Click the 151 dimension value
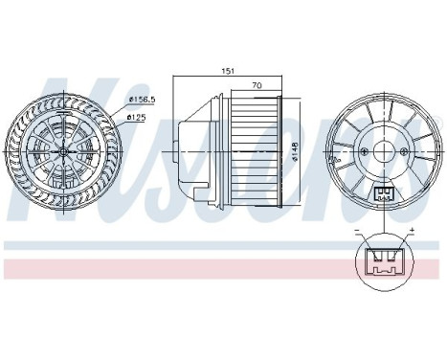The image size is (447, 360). pos(228,71)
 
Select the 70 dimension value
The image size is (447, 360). pos(257,85)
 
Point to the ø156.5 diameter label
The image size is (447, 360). pos(142,100)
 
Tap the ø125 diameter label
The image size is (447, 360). pos(136,118)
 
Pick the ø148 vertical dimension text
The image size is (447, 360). pos(295,151)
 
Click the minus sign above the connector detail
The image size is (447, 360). pos(357,231)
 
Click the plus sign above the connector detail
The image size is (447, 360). pos(412,230)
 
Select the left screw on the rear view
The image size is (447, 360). pos(365,151)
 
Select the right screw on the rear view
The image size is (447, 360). pos(404,151)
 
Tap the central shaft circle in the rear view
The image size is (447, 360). pos(384,151)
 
